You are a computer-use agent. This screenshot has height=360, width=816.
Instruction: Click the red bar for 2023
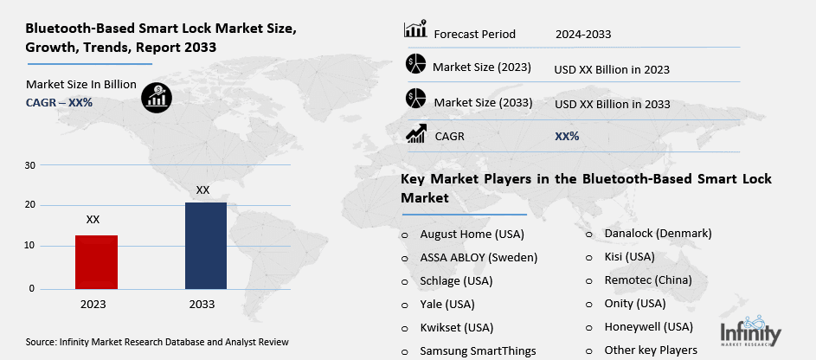(97, 261)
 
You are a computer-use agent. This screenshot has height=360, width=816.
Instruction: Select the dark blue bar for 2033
(206, 245)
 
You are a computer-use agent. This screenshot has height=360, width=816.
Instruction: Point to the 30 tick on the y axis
(30, 164)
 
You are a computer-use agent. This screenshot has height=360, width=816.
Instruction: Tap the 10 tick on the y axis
(30, 247)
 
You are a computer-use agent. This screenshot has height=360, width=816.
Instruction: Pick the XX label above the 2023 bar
(93, 220)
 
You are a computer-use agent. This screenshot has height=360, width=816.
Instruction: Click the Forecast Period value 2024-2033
(583, 35)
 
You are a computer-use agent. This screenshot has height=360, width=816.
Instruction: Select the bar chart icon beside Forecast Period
(415, 30)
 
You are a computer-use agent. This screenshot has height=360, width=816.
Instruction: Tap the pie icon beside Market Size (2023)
(415, 64)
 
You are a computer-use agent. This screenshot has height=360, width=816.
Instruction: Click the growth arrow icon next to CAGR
(416, 134)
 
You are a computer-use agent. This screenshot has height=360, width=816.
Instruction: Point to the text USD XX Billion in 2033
(613, 104)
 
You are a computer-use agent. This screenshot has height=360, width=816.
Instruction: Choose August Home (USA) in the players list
(472, 235)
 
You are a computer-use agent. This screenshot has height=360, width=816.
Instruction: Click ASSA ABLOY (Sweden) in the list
(479, 257)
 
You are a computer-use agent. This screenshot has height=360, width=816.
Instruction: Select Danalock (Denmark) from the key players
(659, 234)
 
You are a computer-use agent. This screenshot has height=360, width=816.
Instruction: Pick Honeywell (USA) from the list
(649, 327)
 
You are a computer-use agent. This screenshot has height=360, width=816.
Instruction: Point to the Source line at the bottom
(157, 343)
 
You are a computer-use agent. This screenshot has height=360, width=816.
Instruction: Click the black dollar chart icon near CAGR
(157, 96)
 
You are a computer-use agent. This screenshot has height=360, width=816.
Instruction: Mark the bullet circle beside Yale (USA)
(404, 305)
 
